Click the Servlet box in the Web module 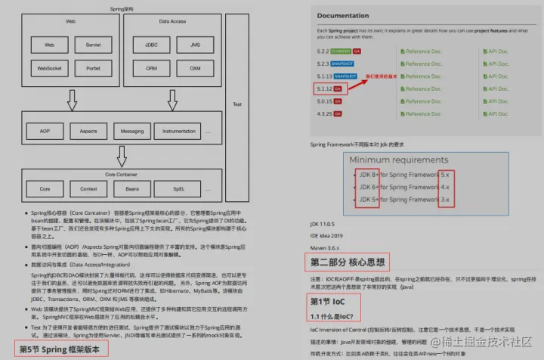click(x=93, y=45)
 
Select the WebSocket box click(x=50, y=67)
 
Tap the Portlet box click(x=93, y=67)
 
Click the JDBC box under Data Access click(x=153, y=45)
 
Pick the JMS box click(x=195, y=45)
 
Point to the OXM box click(x=195, y=67)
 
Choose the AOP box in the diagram click(x=45, y=131)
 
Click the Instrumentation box click(x=178, y=131)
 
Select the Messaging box click(x=133, y=131)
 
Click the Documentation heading click(x=343, y=15)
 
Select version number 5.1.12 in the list click(x=323, y=88)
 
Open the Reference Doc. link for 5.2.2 click(x=421, y=52)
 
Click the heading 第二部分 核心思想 click(x=348, y=262)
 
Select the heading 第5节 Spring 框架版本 click(x=63, y=349)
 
